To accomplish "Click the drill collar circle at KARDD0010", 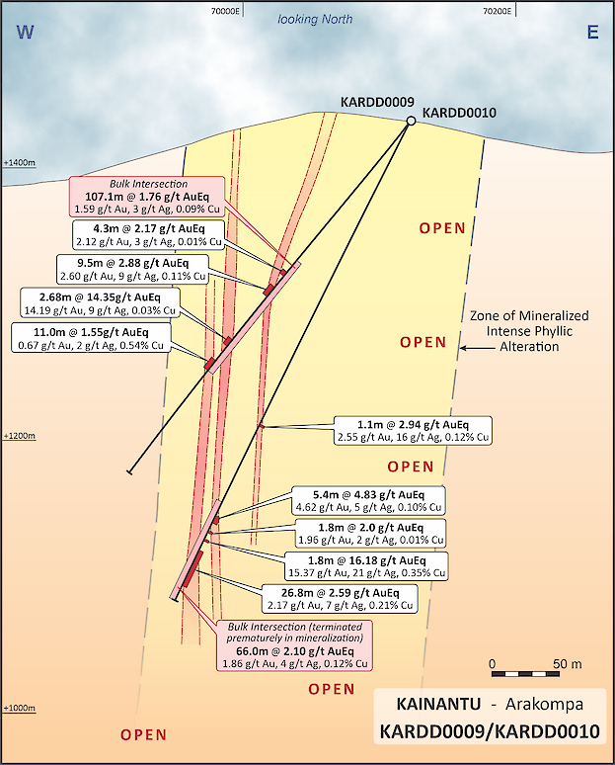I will pos(410,121).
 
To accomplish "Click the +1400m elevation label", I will pos(19,162).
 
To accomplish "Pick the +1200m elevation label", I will pos(19,435).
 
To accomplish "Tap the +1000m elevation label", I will pos(19,708).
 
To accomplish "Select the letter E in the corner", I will pos(592,33).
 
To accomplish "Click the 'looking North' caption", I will pos(314,19).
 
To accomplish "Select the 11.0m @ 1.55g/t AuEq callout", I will pos(92,338).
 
